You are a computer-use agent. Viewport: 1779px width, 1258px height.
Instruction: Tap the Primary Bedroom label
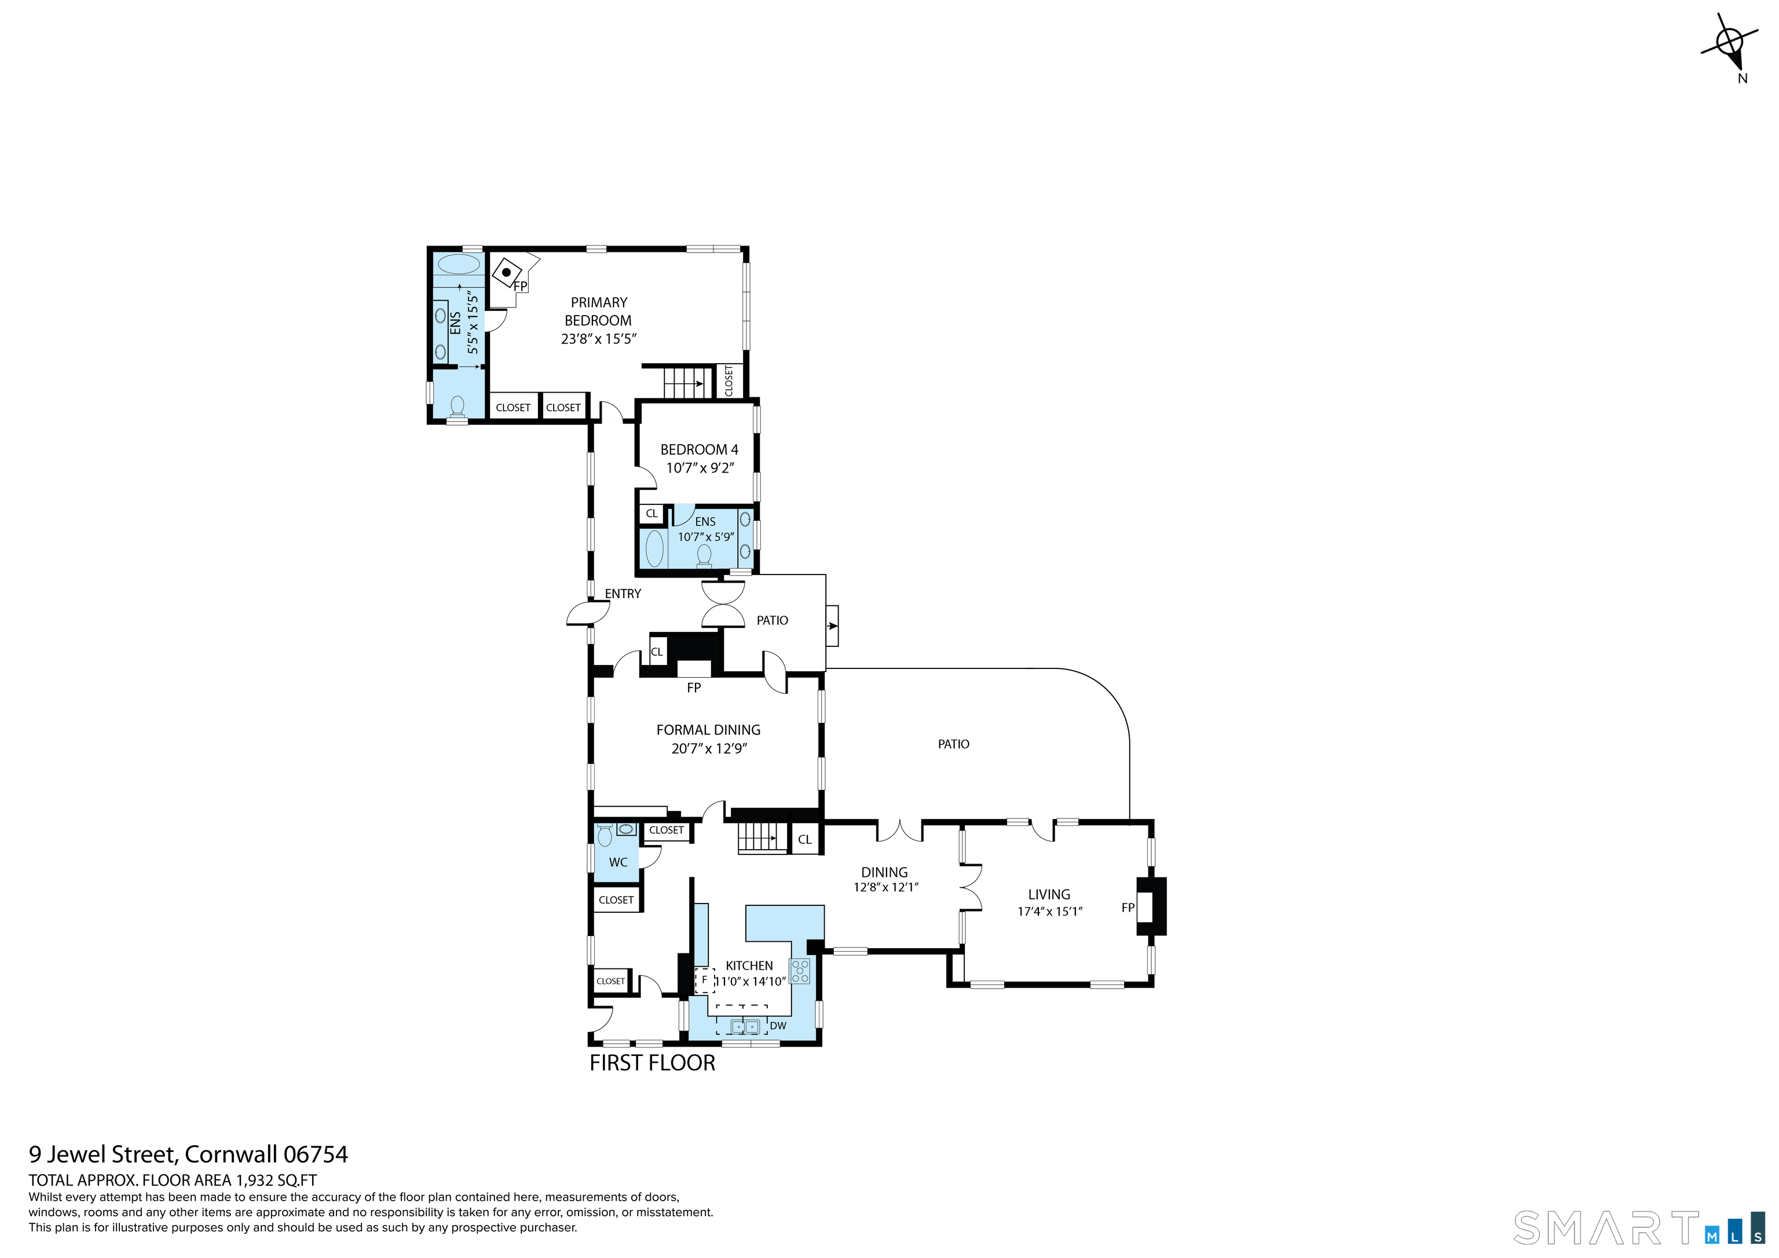click(598, 311)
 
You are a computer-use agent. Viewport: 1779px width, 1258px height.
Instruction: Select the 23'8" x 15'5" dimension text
click(598, 339)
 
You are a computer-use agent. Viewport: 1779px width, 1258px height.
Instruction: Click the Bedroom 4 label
click(699, 449)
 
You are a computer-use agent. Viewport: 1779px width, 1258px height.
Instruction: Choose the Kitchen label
click(749, 966)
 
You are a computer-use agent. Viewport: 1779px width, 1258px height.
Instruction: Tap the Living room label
click(1049, 894)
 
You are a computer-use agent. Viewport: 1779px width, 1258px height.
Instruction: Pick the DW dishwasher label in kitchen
click(778, 1026)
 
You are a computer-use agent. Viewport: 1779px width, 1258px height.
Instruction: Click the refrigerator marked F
click(704, 980)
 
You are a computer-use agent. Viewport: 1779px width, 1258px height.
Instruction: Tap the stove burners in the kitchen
click(800, 971)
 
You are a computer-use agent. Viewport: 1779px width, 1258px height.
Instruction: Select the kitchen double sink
click(745, 1027)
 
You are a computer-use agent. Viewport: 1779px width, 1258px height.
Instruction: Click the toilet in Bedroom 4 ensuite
click(704, 556)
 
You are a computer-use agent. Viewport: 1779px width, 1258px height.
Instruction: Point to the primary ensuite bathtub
click(459, 264)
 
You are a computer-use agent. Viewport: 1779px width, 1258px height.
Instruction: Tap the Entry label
click(623, 594)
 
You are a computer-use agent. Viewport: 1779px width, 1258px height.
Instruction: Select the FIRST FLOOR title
click(653, 1063)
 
